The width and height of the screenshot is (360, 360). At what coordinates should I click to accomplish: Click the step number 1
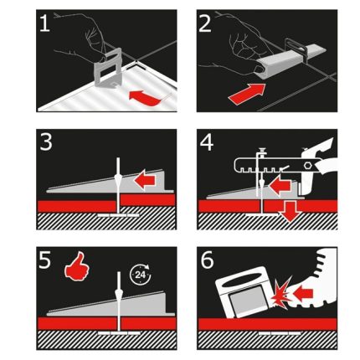click(x=44, y=23)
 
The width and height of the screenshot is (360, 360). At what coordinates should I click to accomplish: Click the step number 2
click(x=205, y=23)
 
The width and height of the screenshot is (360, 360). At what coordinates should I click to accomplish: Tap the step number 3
click(x=46, y=141)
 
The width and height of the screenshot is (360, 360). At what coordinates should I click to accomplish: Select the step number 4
click(x=207, y=142)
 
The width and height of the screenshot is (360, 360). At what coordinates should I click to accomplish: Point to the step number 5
click(x=45, y=260)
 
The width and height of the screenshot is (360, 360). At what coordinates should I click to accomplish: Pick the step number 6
click(x=207, y=260)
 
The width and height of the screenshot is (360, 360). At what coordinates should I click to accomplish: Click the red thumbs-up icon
click(x=77, y=266)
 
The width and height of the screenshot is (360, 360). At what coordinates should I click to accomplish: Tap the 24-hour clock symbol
click(x=141, y=275)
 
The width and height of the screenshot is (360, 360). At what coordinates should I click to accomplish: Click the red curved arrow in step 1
click(x=145, y=99)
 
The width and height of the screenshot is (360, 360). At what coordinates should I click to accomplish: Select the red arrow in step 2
click(x=247, y=94)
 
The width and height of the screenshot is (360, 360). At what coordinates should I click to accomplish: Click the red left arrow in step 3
click(x=145, y=180)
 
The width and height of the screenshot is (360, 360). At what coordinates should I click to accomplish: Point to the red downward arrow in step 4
click(x=289, y=211)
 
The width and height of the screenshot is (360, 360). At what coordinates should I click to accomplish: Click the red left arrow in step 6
click(x=303, y=293)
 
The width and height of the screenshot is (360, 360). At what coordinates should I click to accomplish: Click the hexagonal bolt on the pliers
click(x=307, y=165)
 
